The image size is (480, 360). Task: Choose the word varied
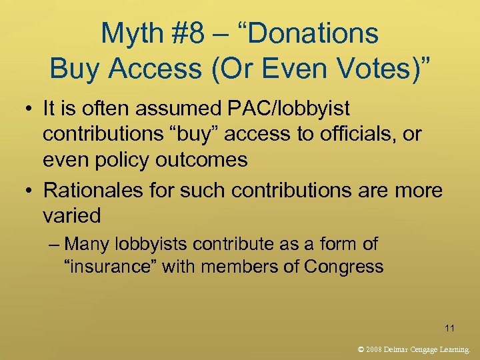point(72,216)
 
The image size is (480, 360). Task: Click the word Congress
point(343,267)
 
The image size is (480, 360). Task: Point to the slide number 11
point(449,328)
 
